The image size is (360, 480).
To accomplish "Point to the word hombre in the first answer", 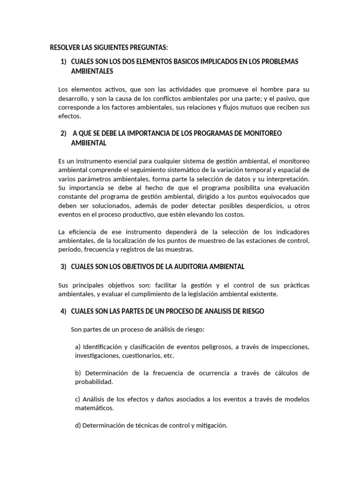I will tap(272, 89).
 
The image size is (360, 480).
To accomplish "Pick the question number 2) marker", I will tap(64, 134).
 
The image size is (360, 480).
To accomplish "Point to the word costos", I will tap(234, 215).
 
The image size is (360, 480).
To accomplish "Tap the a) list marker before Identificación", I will tap(78, 347).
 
